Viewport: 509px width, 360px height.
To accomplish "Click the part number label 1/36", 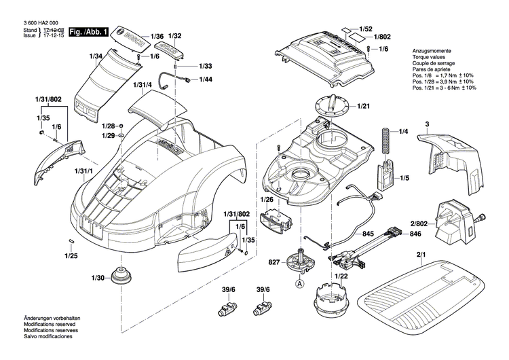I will [157, 35].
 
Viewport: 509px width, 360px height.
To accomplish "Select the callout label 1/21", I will [363, 106].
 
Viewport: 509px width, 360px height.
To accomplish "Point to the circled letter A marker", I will [299, 285].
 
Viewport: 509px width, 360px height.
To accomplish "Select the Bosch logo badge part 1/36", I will [132, 36].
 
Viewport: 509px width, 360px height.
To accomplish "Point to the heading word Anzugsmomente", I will [432, 52].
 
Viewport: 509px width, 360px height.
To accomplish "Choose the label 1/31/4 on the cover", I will [143, 85].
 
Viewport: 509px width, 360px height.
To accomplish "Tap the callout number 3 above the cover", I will [427, 124].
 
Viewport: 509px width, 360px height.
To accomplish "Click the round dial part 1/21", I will [331, 107].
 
